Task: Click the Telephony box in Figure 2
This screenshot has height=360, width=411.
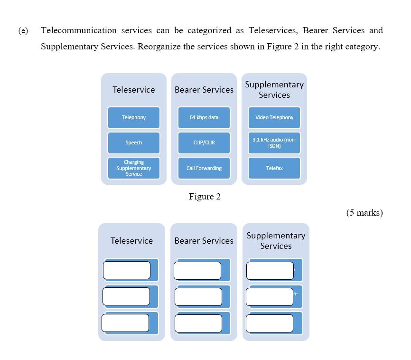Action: pyautogui.click(x=134, y=117)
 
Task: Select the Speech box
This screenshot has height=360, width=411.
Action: pyautogui.click(x=134, y=142)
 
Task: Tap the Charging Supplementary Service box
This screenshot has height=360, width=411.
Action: pyautogui.click(x=134, y=168)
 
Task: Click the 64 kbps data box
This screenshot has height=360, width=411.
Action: pyautogui.click(x=204, y=117)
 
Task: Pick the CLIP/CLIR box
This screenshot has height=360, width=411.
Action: pyautogui.click(x=204, y=142)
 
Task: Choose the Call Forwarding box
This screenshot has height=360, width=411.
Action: pyautogui.click(x=204, y=168)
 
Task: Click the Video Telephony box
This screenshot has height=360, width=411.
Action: pyautogui.click(x=274, y=117)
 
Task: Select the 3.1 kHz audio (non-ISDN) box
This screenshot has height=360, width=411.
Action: pyautogui.click(x=274, y=142)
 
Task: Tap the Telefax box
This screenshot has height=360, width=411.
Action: pyautogui.click(x=274, y=168)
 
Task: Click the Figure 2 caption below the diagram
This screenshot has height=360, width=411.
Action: pyautogui.click(x=205, y=197)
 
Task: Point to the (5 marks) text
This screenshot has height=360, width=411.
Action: pyautogui.click(x=364, y=213)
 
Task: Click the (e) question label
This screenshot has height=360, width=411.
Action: pyautogui.click(x=23, y=31)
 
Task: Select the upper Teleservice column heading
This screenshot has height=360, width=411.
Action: pyautogui.click(x=134, y=90)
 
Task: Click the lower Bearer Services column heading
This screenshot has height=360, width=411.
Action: pyautogui.click(x=204, y=241)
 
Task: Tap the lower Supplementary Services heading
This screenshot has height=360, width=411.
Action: pyautogui.click(x=276, y=241)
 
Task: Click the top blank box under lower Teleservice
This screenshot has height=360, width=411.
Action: pyautogui.click(x=127, y=270)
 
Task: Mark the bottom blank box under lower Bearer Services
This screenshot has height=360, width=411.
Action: pyautogui.click(x=198, y=323)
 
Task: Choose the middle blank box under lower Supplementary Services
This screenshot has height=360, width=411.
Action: pyautogui.click(x=270, y=297)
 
